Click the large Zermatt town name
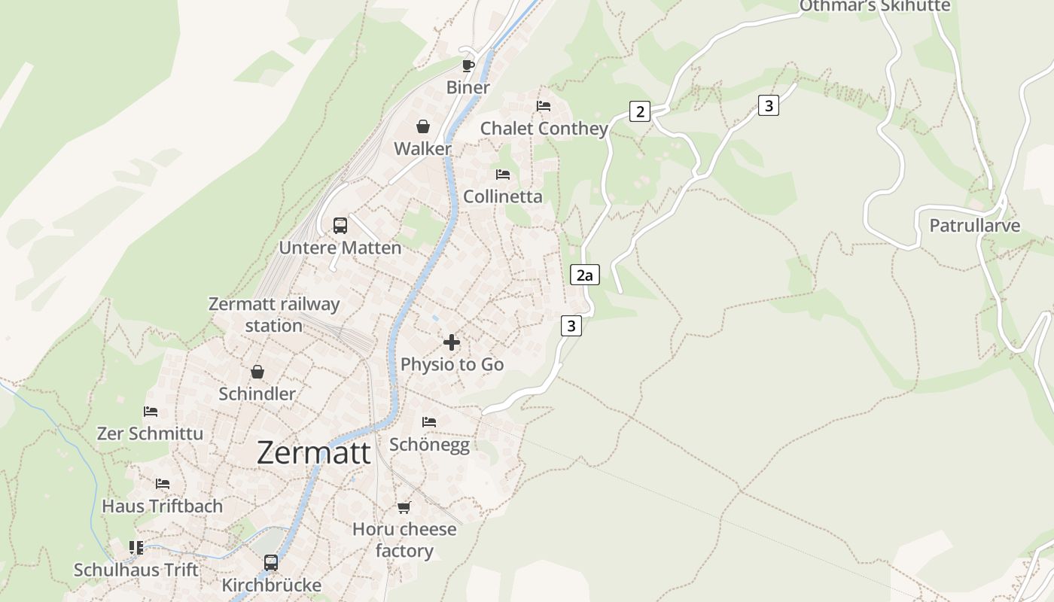coord(313,453)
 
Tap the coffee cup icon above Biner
coord(468,65)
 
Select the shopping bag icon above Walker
coord(423,126)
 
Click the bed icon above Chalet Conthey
coord(544,106)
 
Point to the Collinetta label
coord(502,196)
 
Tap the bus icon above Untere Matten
coord(340,226)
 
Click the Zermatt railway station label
coord(274,315)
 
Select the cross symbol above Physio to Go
coord(452,342)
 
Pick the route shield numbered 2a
coord(584,275)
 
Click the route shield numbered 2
coord(640,112)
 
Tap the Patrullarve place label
coord(974,226)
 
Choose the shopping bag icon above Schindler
coord(257,372)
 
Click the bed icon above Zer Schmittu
coord(151,412)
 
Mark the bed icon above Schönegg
coord(429,422)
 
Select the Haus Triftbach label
coord(163,506)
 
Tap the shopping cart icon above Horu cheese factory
coord(404,507)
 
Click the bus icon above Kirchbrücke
coord(271,562)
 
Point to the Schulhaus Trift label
coord(136,570)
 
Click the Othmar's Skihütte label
coord(874,6)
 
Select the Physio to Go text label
coord(452,364)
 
